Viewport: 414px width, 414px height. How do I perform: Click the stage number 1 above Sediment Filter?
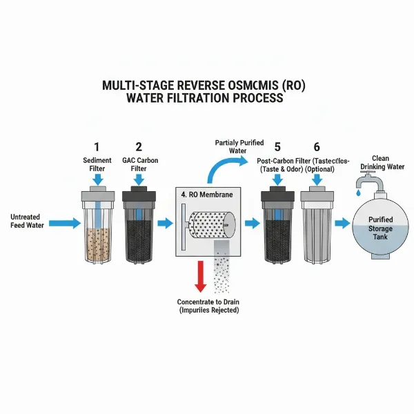(x=97, y=146)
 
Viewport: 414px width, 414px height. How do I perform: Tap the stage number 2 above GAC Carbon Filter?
(x=139, y=146)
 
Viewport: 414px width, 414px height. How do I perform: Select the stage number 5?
(x=277, y=146)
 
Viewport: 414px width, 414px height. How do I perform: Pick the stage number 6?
(x=316, y=146)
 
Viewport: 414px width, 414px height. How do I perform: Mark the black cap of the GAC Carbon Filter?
(x=139, y=196)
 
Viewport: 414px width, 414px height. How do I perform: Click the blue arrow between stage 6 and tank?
(x=342, y=223)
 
